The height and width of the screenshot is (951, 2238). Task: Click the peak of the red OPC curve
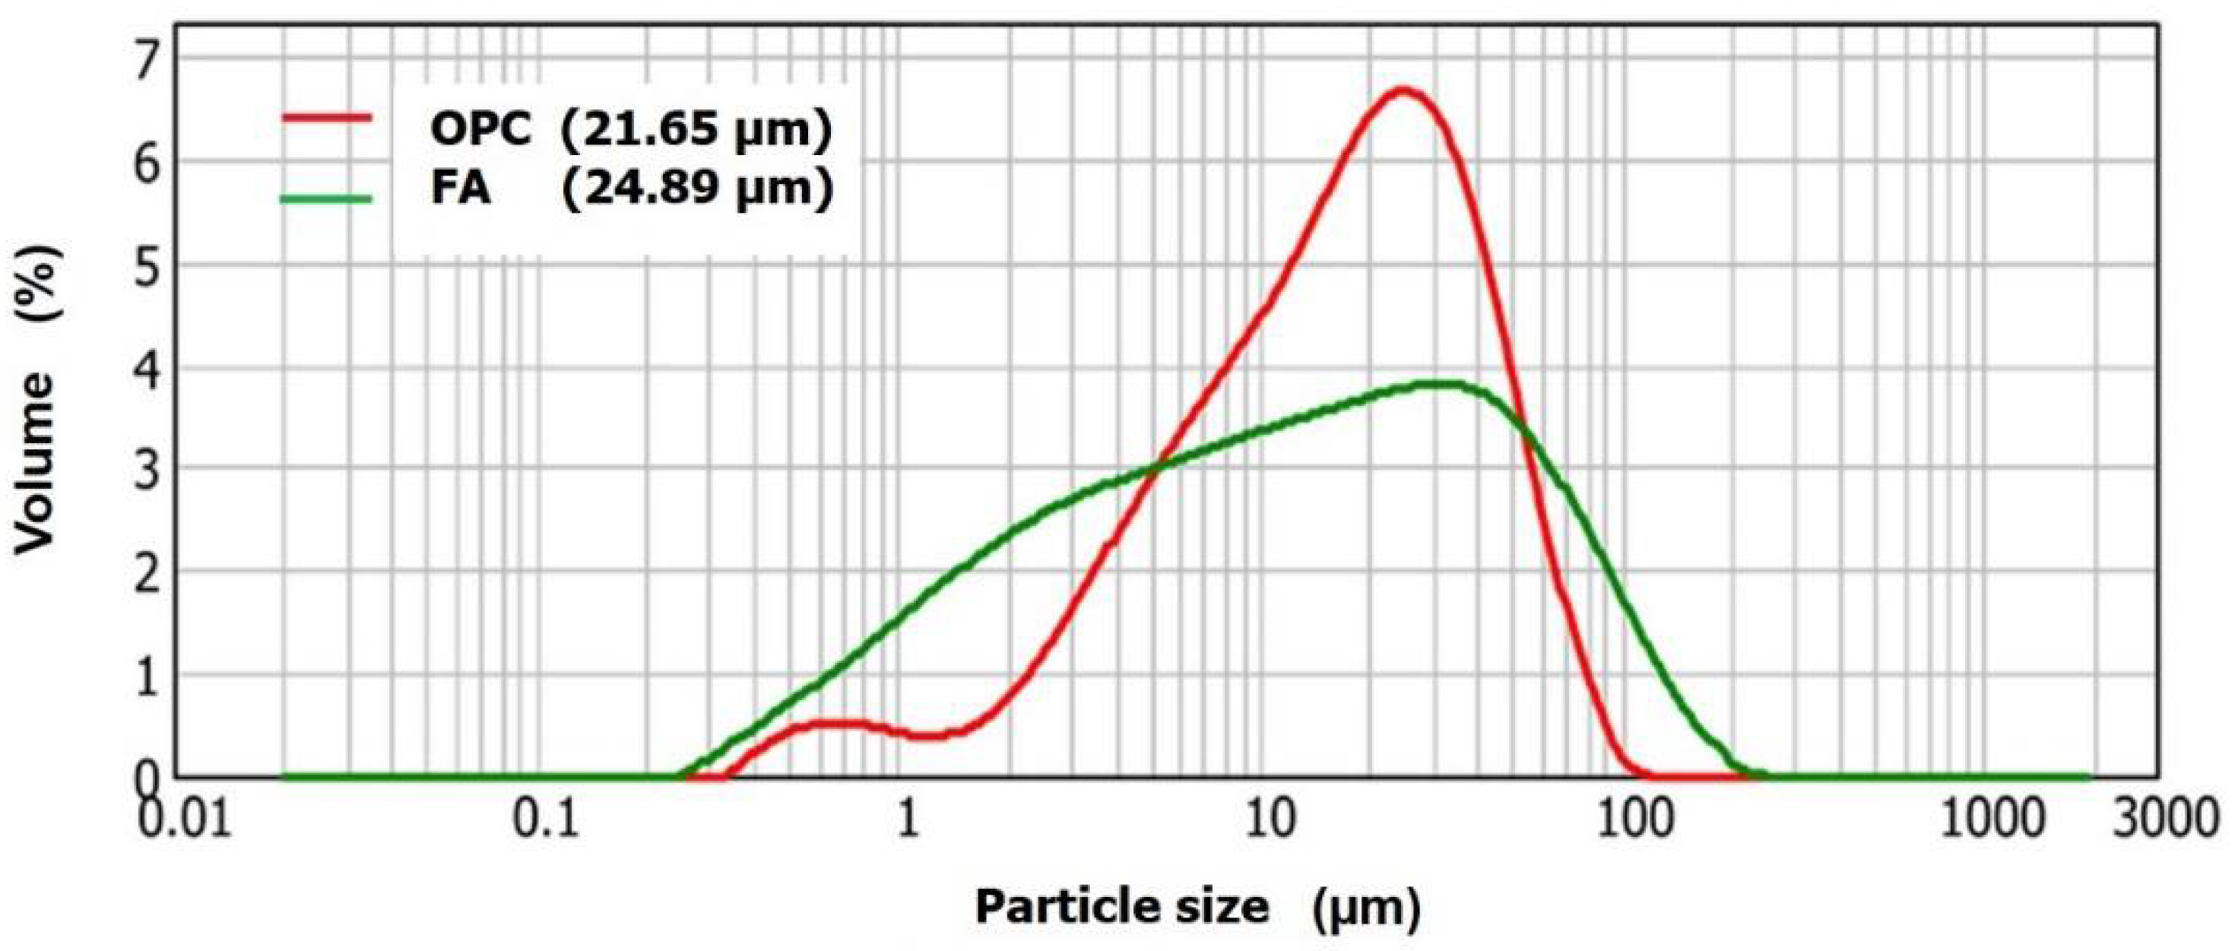click(x=1400, y=90)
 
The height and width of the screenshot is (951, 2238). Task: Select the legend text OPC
click(x=480, y=130)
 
